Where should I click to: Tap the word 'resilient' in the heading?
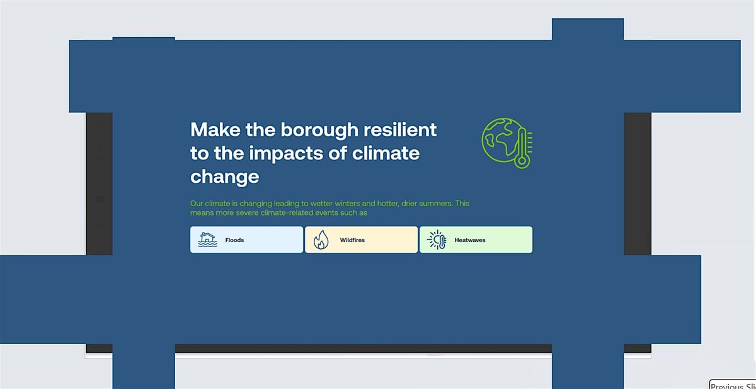coord(406,130)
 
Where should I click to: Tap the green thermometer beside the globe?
coord(521,147)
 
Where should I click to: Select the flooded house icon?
coord(207,240)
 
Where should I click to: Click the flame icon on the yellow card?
coord(321,240)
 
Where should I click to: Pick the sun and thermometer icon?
coord(437,240)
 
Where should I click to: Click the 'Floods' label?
coord(234,240)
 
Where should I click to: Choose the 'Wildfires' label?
coord(352,240)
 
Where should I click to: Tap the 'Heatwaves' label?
coord(470,240)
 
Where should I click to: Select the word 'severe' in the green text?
coord(249,213)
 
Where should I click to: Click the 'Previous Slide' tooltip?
coord(733,385)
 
